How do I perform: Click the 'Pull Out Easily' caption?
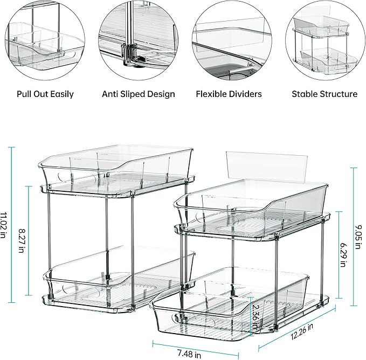coord(45,94)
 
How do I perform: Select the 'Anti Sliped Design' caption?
coord(139,94)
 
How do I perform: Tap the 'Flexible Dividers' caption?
coord(229,94)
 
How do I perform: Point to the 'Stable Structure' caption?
coord(324,94)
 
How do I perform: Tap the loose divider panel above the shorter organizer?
coord(264,164)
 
